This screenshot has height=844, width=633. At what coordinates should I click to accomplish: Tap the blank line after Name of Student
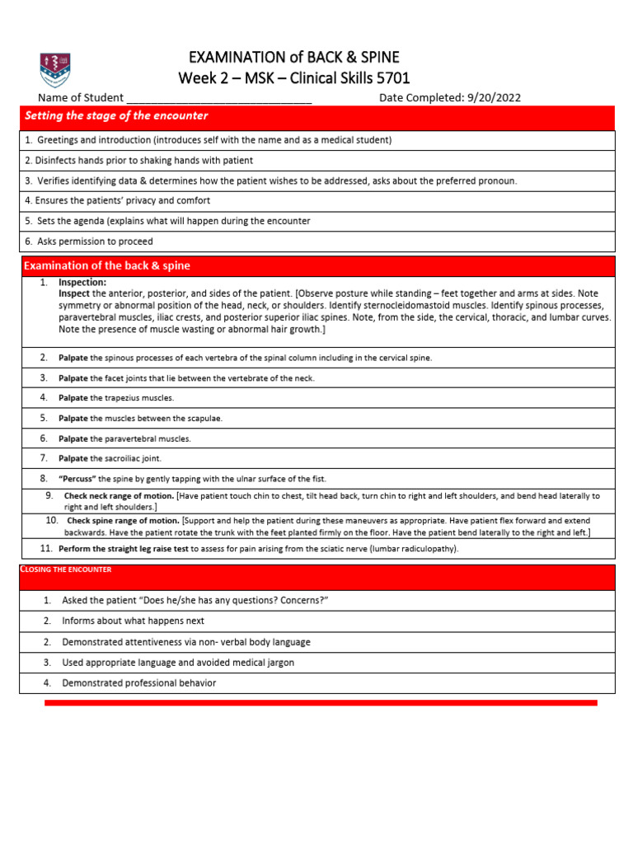point(219,98)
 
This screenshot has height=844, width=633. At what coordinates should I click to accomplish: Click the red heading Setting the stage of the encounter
point(116,115)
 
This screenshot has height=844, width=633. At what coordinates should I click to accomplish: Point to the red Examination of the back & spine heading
point(107,265)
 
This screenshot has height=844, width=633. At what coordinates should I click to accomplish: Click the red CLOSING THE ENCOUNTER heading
point(65,570)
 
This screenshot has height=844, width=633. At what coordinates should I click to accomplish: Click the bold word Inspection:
point(82,283)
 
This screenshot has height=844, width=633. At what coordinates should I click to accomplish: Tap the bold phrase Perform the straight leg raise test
point(124,548)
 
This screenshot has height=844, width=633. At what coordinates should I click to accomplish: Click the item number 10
point(51,521)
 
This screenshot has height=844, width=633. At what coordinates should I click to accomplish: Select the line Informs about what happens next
point(133,621)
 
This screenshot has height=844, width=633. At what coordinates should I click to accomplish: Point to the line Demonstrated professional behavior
point(139,682)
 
